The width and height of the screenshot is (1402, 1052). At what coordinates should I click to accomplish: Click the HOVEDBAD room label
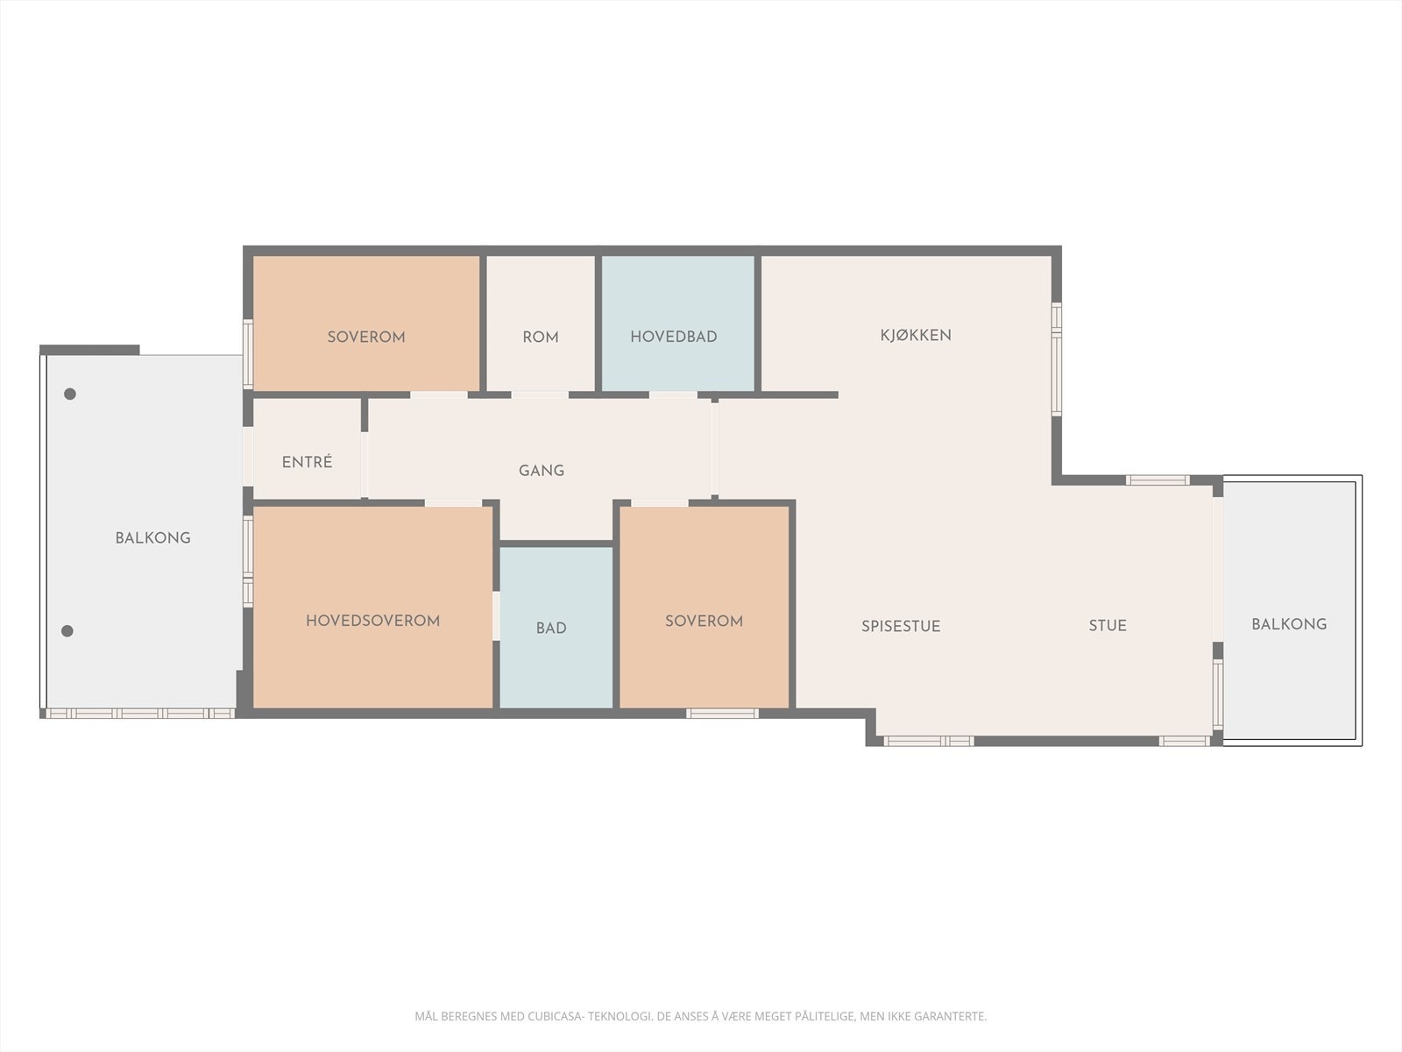(673, 337)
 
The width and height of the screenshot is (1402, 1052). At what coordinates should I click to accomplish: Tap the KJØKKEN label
(916, 335)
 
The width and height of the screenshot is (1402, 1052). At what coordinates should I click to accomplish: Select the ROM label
(540, 338)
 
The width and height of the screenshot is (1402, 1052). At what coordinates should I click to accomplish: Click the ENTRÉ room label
(307, 462)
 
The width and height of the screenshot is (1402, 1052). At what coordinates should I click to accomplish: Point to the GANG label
(541, 471)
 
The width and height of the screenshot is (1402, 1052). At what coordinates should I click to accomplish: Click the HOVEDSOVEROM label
(372, 621)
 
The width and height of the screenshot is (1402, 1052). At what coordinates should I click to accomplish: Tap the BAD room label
(551, 629)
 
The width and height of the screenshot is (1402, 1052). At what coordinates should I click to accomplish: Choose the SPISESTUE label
(901, 626)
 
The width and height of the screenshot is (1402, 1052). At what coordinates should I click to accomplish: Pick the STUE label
(1108, 625)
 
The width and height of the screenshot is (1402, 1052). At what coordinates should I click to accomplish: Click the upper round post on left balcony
(70, 394)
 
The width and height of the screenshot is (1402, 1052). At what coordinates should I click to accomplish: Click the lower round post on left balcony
(67, 630)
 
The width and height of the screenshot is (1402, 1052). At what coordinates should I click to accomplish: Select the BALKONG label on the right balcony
(1288, 624)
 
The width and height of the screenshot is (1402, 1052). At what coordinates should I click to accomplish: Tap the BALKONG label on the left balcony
(152, 538)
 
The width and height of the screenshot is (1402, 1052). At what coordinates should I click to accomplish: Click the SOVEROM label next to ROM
(366, 337)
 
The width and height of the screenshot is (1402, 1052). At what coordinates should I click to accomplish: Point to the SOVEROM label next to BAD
(704, 621)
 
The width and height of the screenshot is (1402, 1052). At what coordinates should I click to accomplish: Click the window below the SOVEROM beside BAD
(722, 714)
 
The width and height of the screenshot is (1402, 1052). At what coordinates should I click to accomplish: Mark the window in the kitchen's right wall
(1057, 359)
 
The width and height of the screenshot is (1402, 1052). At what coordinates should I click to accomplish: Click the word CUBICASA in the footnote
(556, 1017)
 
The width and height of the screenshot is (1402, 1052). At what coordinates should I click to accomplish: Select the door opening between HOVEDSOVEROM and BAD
(496, 615)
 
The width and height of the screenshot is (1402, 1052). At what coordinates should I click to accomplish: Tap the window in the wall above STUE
(1157, 480)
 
